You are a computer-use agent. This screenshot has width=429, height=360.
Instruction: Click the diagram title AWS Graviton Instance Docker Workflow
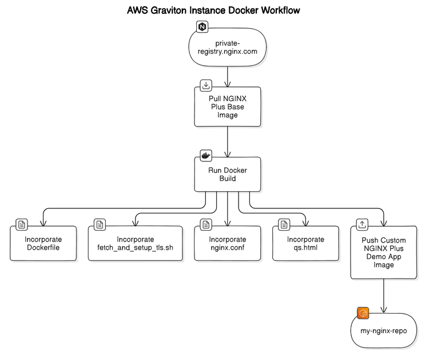pyautogui.click(x=213, y=10)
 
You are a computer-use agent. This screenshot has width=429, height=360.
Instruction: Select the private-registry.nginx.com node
pyautogui.click(x=228, y=47)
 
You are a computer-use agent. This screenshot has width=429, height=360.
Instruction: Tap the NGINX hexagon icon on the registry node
pyautogui.click(x=202, y=26)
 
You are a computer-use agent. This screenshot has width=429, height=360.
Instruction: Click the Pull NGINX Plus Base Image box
pyautogui.click(x=227, y=106)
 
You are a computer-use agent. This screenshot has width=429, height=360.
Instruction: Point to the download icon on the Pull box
pyautogui.click(x=206, y=86)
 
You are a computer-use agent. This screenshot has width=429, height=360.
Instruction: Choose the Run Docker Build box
pyautogui.click(x=227, y=175)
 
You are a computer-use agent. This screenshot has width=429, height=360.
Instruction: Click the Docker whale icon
pyautogui.click(x=206, y=155)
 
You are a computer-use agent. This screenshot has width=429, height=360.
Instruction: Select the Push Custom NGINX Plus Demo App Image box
pyautogui.click(x=383, y=252)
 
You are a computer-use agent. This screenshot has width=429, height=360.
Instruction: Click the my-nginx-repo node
pyautogui.click(x=383, y=331)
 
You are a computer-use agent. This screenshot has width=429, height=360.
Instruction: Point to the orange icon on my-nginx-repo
pyautogui.click(x=363, y=313)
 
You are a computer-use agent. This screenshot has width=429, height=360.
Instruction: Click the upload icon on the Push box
pyautogui.click(x=362, y=224)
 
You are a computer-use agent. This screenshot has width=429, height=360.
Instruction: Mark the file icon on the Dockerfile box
pyautogui.click(x=22, y=224)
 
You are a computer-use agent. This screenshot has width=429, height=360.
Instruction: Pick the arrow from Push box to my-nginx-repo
pyautogui.click(x=383, y=295)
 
